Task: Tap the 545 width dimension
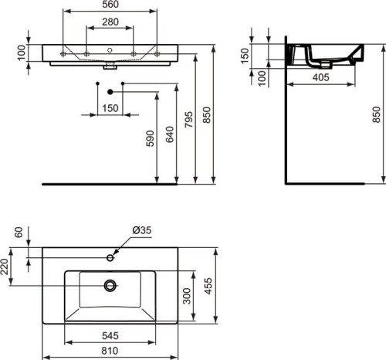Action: [x=113, y=337]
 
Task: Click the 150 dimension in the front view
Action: [x=110, y=109]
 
